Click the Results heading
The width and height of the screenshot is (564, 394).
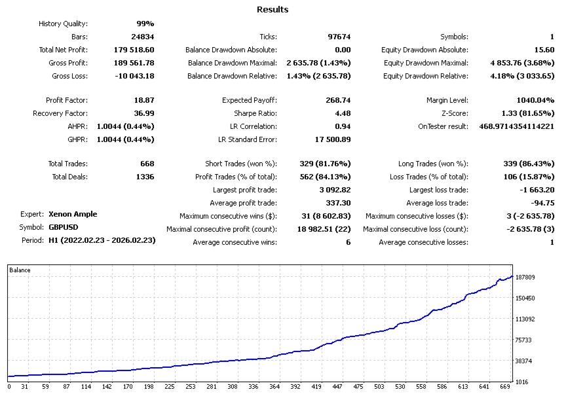tap(273, 10)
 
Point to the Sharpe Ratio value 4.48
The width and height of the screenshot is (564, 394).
tap(342, 113)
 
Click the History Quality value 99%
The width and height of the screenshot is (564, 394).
tap(145, 24)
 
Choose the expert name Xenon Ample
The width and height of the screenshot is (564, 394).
tap(72, 214)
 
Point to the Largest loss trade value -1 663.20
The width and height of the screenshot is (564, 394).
tap(533, 190)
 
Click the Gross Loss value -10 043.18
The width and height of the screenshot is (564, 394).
tap(132, 76)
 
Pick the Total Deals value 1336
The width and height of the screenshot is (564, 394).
tap(143, 177)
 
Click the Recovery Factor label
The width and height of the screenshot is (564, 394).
tap(60, 113)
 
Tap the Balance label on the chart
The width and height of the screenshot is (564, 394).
tap(20, 270)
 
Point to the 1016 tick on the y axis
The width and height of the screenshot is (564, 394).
tap(523, 382)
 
